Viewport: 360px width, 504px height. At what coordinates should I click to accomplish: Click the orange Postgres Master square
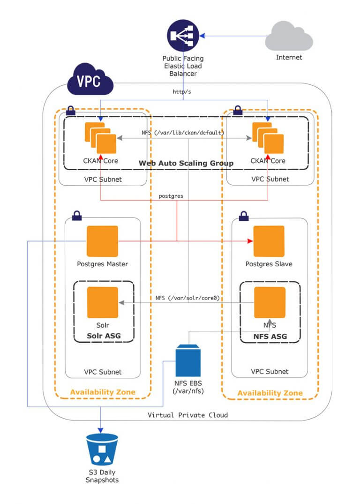click(102, 241)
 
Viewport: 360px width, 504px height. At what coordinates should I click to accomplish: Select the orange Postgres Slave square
click(269, 241)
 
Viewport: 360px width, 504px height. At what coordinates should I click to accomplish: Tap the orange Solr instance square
click(102, 302)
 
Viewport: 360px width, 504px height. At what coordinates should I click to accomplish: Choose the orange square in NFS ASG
click(270, 302)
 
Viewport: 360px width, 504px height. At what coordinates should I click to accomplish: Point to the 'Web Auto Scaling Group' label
click(186, 163)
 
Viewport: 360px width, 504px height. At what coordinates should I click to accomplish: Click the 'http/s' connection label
click(182, 92)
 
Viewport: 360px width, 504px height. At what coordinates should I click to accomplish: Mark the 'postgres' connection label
click(171, 195)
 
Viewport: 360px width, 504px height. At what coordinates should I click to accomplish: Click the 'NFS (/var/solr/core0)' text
click(188, 298)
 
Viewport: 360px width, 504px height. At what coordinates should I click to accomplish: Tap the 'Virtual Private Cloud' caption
click(187, 415)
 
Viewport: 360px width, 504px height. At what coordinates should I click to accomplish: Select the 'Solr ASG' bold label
click(103, 336)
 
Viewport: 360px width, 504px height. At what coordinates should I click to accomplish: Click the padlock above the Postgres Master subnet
click(77, 216)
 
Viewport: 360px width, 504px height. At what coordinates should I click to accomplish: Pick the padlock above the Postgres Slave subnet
click(244, 216)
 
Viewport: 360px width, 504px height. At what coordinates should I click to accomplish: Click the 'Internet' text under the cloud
click(289, 58)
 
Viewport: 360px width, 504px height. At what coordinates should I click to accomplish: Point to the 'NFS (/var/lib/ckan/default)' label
click(183, 133)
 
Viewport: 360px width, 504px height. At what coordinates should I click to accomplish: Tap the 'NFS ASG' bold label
click(270, 336)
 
